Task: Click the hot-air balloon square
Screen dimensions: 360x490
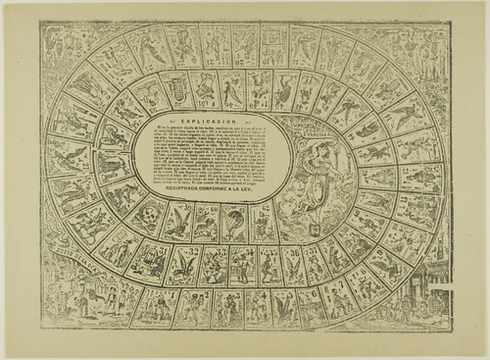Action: tap(235, 223)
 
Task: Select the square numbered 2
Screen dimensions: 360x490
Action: tap(192, 308)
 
